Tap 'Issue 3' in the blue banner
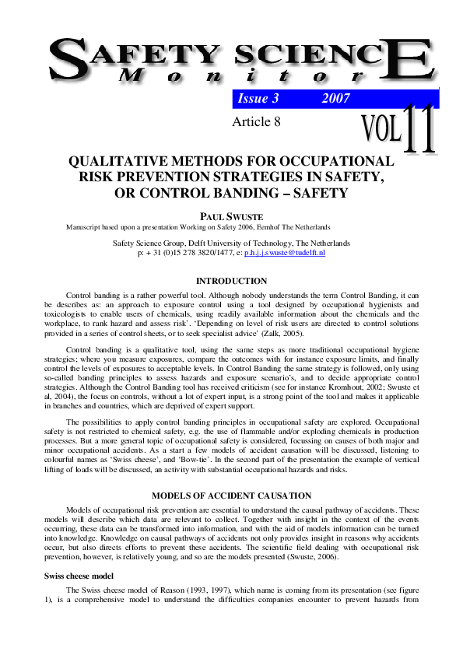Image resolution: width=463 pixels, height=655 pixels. point(258,99)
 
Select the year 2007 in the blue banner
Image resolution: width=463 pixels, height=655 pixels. point(335,99)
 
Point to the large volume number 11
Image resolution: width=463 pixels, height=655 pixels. point(421,124)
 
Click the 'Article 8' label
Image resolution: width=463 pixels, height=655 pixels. point(256,121)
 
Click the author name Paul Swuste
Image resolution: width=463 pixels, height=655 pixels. point(231,216)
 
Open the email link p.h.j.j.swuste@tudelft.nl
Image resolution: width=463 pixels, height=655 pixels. point(284,253)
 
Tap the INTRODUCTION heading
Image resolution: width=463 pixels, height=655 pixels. point(231,281)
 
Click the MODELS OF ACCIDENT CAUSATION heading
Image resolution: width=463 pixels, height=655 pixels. point(231,496)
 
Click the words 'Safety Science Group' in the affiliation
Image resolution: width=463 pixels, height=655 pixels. point(149,243)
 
